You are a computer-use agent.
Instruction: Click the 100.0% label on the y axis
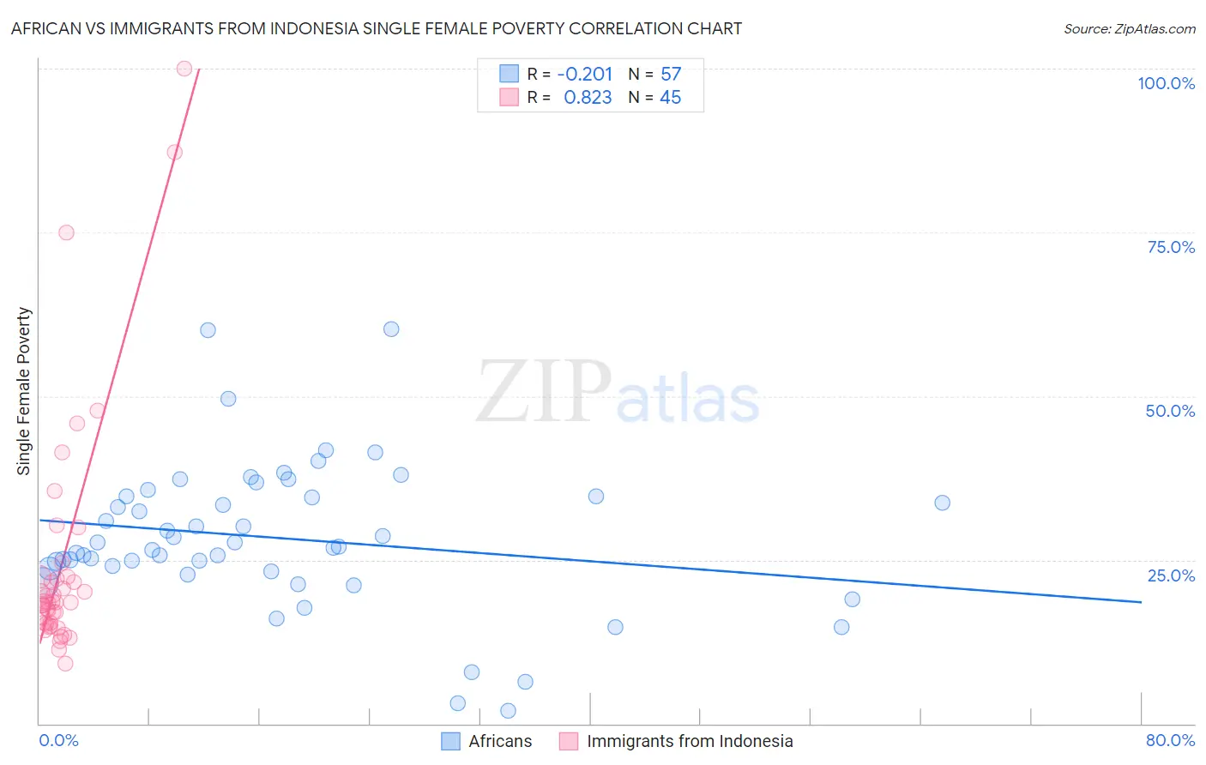(x=1166, y=83)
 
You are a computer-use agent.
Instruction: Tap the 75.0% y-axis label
(x=1171, y=247)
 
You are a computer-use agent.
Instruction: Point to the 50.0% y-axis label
(x=1170, y=411)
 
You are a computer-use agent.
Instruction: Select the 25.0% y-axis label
(x=1171, y=575)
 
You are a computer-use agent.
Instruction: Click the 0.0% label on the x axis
(x=58, y=740)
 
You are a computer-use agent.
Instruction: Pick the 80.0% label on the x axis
(x=1170, y=740)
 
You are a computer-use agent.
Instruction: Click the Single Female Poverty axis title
(x=24, y=391)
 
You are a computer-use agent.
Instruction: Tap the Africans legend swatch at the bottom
(x=450, y=741)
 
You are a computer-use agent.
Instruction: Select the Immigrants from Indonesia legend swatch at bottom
(x=569, y=741)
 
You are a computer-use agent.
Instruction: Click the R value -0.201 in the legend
(x=584, y=74)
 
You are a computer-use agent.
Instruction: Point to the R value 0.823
(x=588, y=98)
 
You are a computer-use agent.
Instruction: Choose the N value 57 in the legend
(x=671, y=74)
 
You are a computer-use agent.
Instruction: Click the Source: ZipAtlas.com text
(x=1129, y=28)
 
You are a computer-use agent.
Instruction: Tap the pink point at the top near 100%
(x=184, y=69)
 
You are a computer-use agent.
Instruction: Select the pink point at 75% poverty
(x=66, y=232)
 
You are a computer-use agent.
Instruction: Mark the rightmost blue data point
(x=942, y=503)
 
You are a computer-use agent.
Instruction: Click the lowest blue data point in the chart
(x=508, y=710)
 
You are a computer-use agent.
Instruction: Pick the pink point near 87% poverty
(x=174, y=152)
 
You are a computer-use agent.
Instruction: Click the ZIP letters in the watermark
(x=543, y=392)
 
